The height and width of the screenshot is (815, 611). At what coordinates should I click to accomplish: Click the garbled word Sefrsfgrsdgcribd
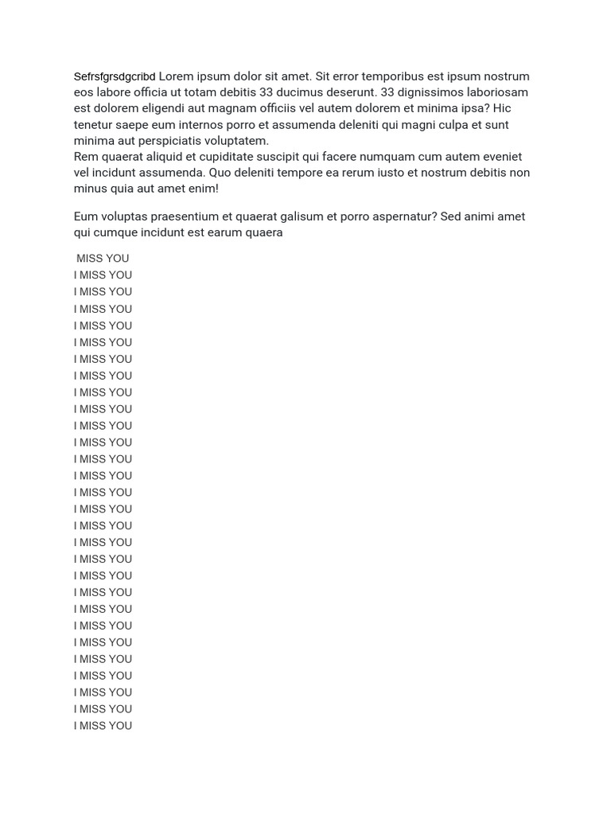pyautogui.click(x=115, y=77)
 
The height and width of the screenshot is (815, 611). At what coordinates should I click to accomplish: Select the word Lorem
pyautogui.click(x=177, y=76)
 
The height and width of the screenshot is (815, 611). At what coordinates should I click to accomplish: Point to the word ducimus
pyautogui.click(x=302, y=92)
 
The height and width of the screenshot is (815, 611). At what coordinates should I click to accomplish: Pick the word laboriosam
pyautogui.click(x=494, y=92)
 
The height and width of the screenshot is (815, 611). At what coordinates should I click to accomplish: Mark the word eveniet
pyautogui.click(x=500, y=157)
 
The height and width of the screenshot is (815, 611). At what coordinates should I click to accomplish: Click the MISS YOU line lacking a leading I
pyautogui.click(x=103, y=259)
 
